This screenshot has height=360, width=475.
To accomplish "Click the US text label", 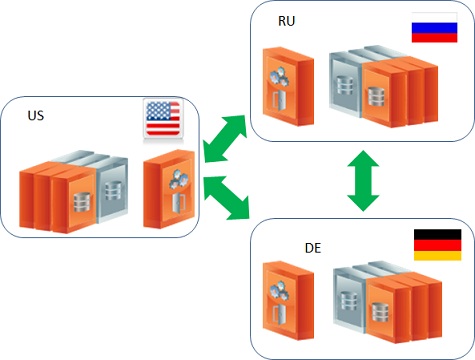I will (36, 117).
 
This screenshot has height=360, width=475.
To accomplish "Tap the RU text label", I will (288, 21).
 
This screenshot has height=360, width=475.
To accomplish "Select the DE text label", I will (311, 245).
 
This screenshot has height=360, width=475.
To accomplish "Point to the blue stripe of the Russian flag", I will (434, 31).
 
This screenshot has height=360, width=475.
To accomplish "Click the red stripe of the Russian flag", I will (434, 39).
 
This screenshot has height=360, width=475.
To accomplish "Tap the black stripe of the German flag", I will (437, 234).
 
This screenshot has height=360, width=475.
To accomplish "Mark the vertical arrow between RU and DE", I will (363, 180).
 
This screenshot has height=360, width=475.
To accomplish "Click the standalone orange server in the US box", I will (165, 190).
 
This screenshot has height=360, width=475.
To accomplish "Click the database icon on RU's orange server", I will (377, 94).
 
